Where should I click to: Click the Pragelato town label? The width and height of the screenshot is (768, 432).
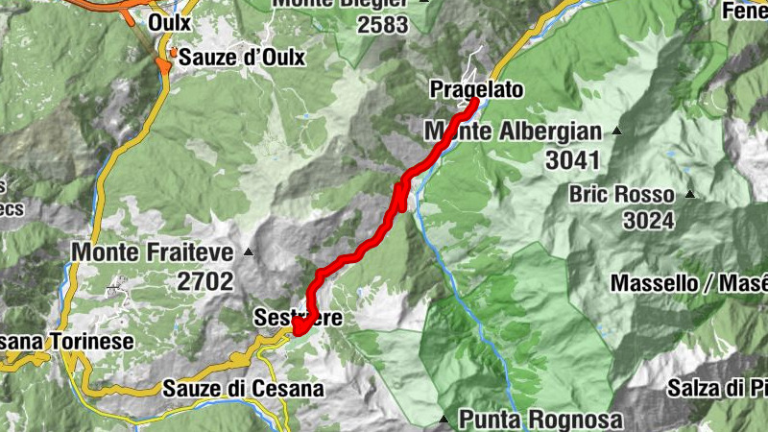[x=477, y=89]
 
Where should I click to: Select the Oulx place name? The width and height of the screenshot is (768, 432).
[x=170, y=21]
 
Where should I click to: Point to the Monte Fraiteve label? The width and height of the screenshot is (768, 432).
[x=153, y=252]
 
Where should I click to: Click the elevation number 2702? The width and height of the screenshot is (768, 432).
[x=204, y=281]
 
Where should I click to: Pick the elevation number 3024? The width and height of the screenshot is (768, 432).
[x=650, y=222]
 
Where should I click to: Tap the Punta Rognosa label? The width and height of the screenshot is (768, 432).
[x=540, y=420]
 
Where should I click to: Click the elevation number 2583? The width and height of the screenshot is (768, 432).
[x=382, y=25]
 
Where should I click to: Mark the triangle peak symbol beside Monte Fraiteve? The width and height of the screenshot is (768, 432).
[x=249, y=252]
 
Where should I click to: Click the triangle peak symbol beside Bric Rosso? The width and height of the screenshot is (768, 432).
[x=689, y=193]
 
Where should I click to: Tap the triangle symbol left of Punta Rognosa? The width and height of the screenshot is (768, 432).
[x=444, y=420]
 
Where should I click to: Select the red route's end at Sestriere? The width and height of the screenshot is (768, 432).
[x=297, y=331]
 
